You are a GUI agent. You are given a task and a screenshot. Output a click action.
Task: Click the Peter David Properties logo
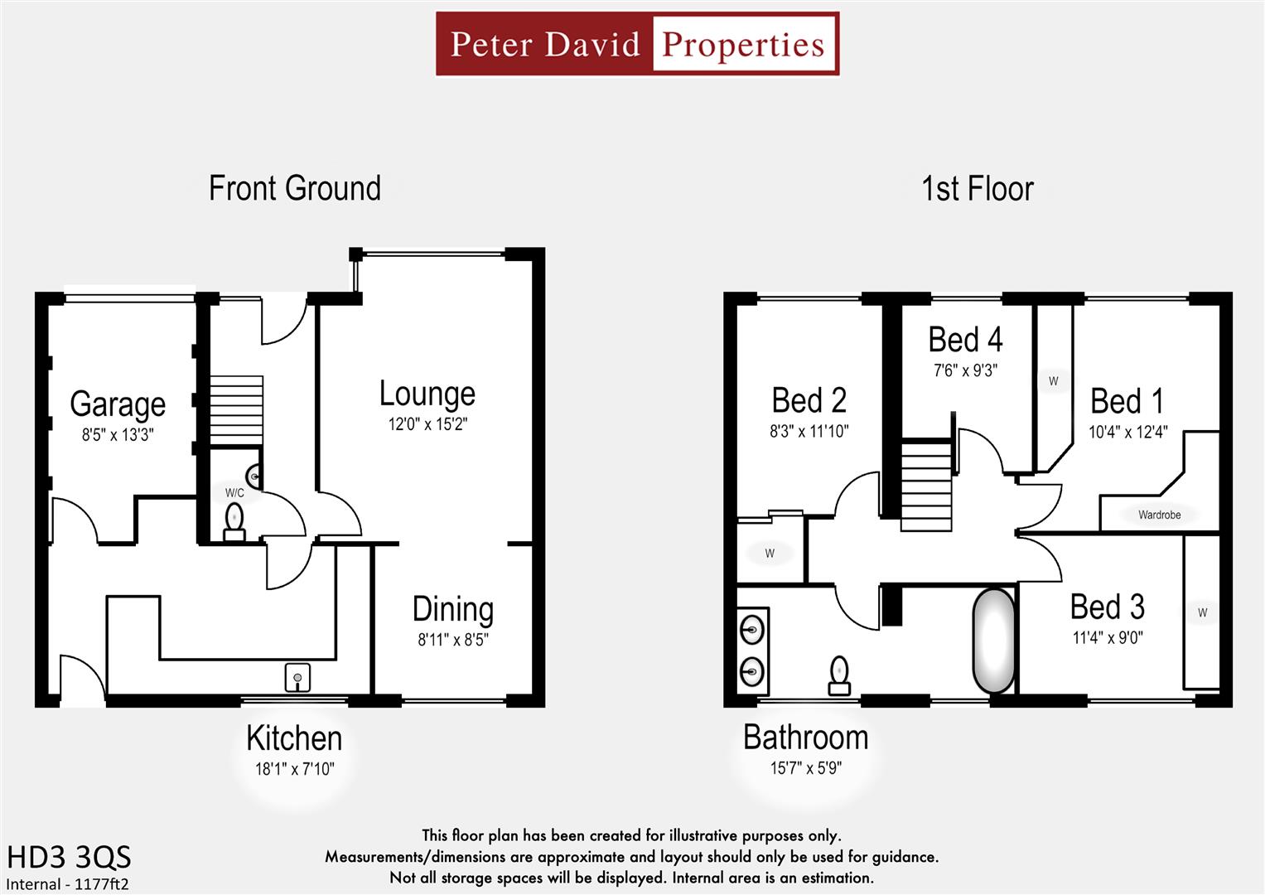(637, 44)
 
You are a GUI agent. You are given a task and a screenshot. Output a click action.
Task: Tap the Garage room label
(118, 404)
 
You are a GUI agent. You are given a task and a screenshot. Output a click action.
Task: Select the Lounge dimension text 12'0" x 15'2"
(427, 424)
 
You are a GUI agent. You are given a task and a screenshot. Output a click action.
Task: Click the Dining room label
(453, 609)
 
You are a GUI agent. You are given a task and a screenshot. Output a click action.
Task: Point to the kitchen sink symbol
(297, 677)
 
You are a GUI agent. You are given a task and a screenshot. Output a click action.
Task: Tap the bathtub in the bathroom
(992, 641)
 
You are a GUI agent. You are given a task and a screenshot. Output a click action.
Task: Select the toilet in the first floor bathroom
(839, 675)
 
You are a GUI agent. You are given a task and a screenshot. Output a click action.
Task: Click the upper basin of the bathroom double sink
(752, 630)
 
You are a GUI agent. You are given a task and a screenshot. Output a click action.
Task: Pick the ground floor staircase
(236, 411)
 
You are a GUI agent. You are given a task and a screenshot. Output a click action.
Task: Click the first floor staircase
(925, 486)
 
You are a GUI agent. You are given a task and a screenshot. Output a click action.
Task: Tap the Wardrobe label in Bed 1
(1159, 515)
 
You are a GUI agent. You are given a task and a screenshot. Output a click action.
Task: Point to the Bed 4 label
(965, 340)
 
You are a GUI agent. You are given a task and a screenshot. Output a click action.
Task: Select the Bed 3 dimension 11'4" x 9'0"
(1108, 638)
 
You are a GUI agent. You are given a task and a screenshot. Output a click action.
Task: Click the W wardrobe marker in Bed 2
(770, 554)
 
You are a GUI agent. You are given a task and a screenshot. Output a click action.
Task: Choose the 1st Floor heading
(978, 189)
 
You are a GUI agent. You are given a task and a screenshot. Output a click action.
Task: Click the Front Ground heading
(295, 188)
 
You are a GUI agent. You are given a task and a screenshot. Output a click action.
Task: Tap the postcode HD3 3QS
(69, 857)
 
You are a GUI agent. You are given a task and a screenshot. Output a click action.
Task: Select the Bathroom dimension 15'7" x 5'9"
(805, 768)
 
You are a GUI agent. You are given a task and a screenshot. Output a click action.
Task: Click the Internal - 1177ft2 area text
(67, 884)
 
